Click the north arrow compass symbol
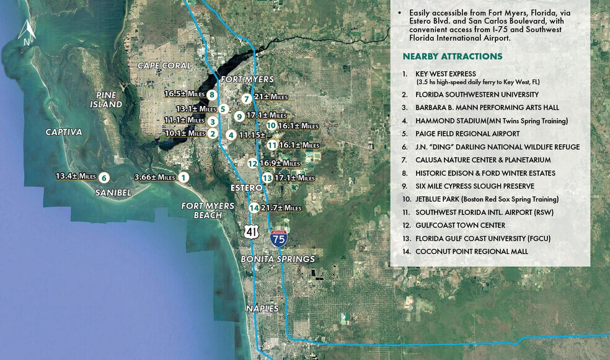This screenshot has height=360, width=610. (x=26, y=32)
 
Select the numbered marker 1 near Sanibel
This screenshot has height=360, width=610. (x=183, y=177)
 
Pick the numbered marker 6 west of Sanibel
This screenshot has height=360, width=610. (x=104, y=177)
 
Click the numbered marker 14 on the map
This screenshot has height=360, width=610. (x=253, y=208)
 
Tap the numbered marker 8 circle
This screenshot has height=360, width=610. (x=212, y=95)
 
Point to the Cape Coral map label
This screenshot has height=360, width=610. (x=164, y=66)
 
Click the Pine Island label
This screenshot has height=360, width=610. (x=109, y=100)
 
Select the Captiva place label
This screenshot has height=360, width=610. (x=64, y=132)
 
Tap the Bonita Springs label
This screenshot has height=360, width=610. (x=278, y=259)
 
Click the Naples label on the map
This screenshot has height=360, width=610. (x=262, y=308)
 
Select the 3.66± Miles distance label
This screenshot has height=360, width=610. (x=154, y=177)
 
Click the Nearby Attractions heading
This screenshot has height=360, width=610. (x=453, y=56)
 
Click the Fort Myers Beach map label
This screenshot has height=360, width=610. (x=208, y=210)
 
